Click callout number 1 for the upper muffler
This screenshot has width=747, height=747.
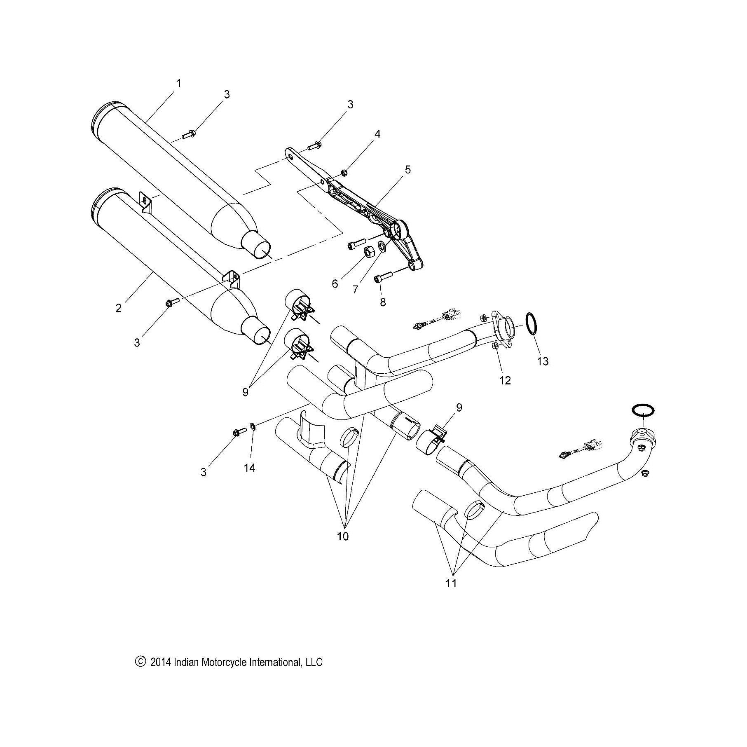[x=179, y=83]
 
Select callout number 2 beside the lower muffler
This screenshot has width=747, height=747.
[x=119, y=308]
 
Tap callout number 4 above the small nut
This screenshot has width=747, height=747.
[x=377, y=134]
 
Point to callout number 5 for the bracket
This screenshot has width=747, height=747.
[x=407, y=169]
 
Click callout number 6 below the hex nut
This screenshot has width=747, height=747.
[x=335, y=283]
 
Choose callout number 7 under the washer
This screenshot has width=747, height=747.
[x=355, y=289]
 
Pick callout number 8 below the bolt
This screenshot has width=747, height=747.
[x=383, y=302]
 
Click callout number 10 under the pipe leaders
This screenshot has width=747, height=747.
[x=343, y=536]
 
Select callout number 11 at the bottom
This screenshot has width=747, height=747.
[x=451, y=583]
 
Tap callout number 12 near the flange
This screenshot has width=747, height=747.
[x=505, y=380]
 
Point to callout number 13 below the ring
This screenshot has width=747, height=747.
[x=543, y=361]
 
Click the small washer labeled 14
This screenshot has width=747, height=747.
[x=253, y=425]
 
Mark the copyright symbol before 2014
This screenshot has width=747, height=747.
[x=141, y=662]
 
